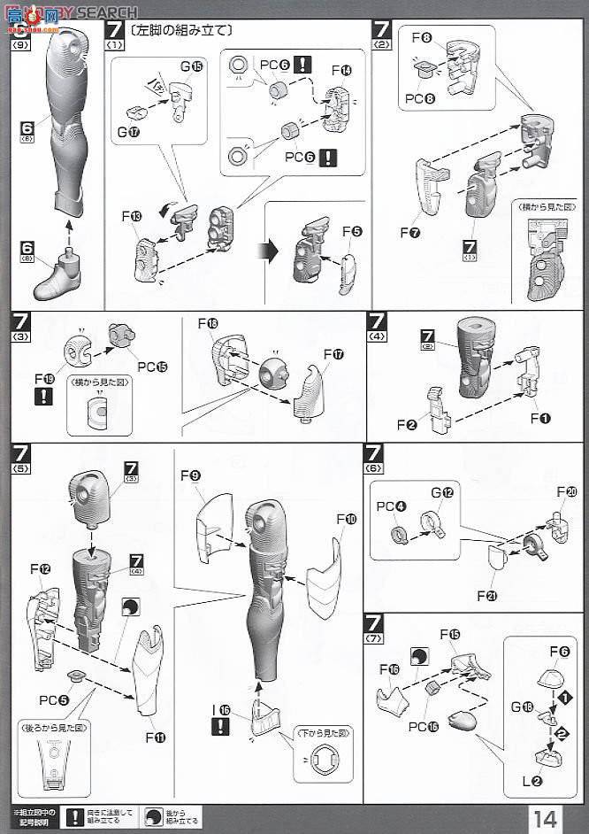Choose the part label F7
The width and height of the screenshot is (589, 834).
pos(409,233)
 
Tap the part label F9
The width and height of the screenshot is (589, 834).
pos(190,475)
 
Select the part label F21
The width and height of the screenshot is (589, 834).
pos(486,596)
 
